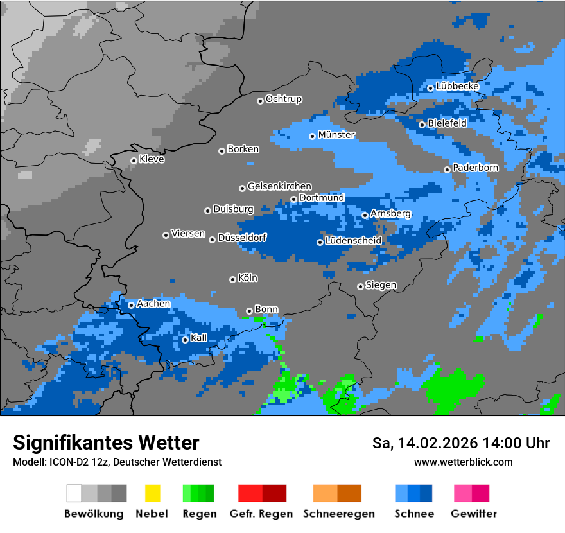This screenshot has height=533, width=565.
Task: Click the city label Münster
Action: click(x=336, y=135)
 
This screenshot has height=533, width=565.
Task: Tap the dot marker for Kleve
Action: click(x=134, y=161)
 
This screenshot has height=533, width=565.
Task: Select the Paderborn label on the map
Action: click(x=475, y=168)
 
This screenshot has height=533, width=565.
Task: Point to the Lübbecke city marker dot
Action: click(x=430, y=88)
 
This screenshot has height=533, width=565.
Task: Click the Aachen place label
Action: click(x=153, y=304)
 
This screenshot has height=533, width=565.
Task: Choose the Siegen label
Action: click(x=381, y=285)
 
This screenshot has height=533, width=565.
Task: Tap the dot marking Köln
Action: click(x=232, y=279)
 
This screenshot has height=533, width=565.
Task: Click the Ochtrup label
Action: click(x=283, y=100)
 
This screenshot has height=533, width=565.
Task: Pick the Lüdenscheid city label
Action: click(x=353, y=241)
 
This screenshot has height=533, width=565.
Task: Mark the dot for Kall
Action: click(x=185, y=340)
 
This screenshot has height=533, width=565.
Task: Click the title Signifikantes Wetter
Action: click(x=106, y=443)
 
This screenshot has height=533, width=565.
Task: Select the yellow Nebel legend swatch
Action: click(x=152, y=493)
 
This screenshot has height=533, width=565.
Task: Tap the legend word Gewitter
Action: click(x=474, y=514)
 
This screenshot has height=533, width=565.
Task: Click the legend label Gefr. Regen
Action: click(x=261, y=514)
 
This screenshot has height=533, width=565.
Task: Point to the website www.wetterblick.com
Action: click(x=463, y=462)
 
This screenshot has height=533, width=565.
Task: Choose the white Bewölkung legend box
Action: click(x=74, y=493)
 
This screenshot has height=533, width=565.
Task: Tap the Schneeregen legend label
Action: click(x=339, y=514)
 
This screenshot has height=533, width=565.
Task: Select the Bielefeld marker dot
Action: click(x=422, y=124)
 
